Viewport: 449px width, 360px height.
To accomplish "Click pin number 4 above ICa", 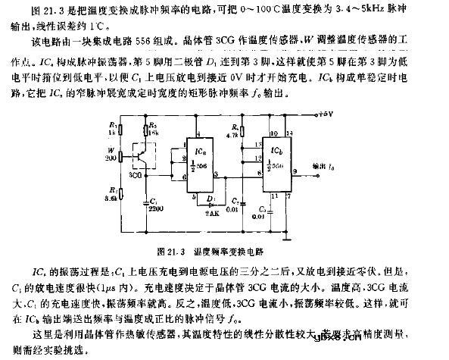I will (198, 133).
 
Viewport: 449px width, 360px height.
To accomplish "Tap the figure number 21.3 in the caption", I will (173, 248).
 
